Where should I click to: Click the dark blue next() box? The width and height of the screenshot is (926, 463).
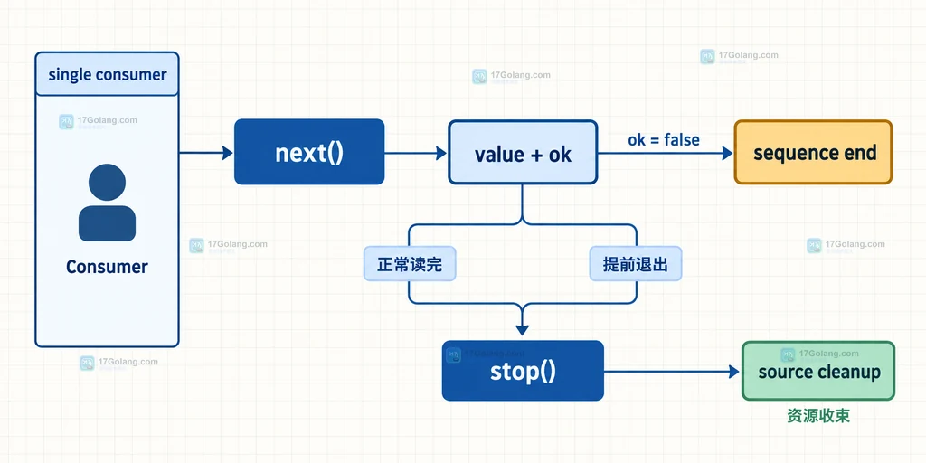tap(309, 152)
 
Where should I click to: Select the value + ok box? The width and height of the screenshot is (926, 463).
tap(523, 152)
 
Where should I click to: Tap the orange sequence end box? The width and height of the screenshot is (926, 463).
tap(813, 152)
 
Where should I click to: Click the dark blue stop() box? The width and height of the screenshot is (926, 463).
tap(523, 371)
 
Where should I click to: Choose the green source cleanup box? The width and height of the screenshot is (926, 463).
tap(818, 371)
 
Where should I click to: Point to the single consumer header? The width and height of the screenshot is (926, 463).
tap(107, 74)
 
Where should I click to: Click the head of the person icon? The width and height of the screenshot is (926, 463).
tap(107, 183)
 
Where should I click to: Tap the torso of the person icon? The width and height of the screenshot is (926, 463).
tap(107, 223)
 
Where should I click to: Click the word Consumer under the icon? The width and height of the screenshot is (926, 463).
tap(107, 267)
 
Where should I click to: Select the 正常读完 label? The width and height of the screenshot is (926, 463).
tap(410, 263)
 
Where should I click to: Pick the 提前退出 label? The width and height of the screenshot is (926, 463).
tap(636, 263)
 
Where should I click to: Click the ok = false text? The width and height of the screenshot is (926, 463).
tap(664, 140)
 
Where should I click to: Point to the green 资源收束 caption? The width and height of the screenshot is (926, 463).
tap(818, 416)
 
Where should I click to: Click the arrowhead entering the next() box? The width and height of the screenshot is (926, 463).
tap(228, 153)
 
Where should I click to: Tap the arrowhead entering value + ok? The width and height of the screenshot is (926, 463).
tap(441, 153)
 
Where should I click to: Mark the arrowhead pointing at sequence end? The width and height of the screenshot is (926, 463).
tap(727, 153)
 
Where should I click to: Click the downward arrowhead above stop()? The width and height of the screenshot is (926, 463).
tap(522, 329)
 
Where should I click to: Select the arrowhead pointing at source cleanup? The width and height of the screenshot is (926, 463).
tap(734, 372)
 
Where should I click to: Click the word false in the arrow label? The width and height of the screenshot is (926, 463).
tap(682, 140)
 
